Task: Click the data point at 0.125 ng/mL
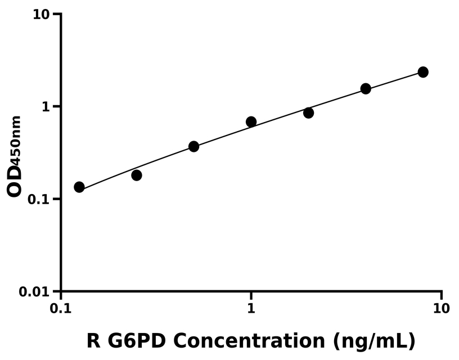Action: point(79,187)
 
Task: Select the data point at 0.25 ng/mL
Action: point(137,175)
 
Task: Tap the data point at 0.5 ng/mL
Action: point(193,146)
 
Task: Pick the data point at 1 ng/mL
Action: point(251,121)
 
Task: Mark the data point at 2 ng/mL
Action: point(308,112)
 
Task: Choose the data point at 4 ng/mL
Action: point(366,88)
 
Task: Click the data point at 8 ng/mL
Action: point(423,72)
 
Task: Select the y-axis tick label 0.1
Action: point(41,200)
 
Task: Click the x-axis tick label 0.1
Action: point(61,309)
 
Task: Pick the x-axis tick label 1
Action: point(251,309)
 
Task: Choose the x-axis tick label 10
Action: point(441,309)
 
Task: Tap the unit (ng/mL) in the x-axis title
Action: point(374,341)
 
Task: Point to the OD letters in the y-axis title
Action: point(15,181)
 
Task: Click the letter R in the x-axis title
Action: point(94,340)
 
